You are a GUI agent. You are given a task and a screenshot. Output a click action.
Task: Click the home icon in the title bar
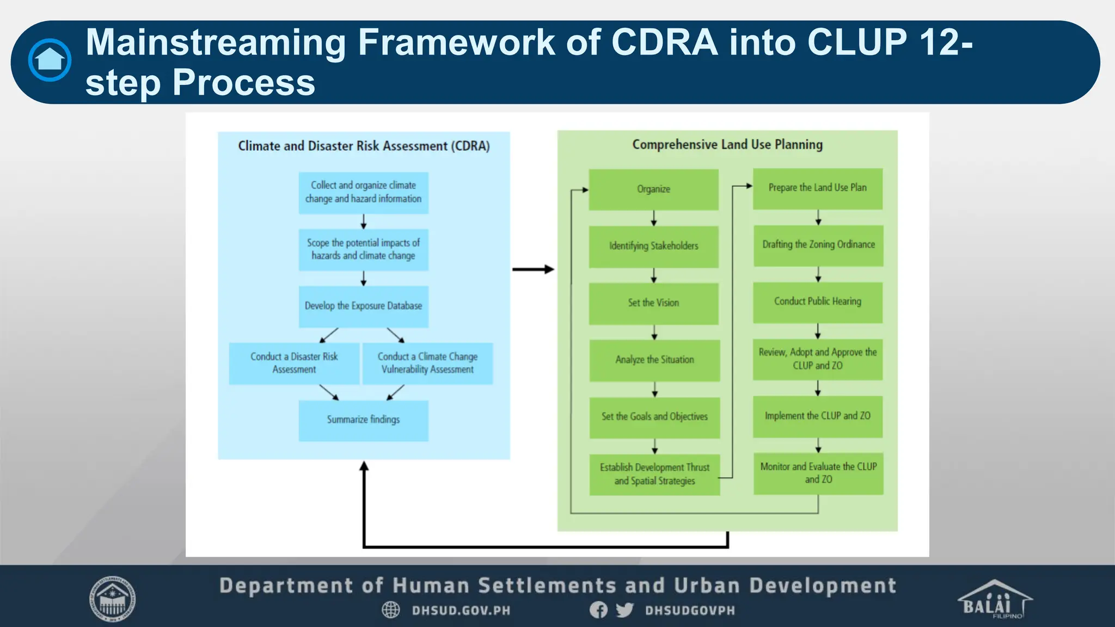(x=50, y=60)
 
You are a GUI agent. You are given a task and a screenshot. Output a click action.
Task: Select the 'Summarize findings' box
(x=363, y=420)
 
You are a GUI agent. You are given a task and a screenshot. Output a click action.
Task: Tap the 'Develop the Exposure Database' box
(x=363, y=306)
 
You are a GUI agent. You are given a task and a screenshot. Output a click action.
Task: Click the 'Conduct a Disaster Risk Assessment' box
(x=294, y=363)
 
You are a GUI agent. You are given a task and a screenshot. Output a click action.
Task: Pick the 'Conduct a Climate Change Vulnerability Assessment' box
(x=427, y=363)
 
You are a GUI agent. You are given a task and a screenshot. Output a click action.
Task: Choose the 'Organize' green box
(x=653, y=189)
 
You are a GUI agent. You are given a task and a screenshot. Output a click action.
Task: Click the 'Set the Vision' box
(x=653, y=303)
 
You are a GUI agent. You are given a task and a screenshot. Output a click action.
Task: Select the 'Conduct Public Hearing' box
(x=818, y=302)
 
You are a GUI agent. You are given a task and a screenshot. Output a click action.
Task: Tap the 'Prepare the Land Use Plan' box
(x=818, y=188)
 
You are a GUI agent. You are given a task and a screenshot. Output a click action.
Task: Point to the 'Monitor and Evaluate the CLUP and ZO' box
(x=818, y=473)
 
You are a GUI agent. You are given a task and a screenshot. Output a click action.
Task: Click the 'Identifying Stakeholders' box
(x=653, y=246)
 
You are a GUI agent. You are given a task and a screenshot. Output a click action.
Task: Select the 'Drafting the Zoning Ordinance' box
(x=818, y=245)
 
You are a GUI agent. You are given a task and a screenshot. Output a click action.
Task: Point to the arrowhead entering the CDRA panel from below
(x=364, y=466)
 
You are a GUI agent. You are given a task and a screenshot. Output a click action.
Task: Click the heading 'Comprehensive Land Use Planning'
(x=727, y=145)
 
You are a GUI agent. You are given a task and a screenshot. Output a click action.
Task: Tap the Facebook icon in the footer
(x=598, y=610)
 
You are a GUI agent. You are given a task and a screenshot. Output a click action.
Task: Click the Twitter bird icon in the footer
(x=624, y=610)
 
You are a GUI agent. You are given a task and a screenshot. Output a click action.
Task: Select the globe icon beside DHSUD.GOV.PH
(x=390, y=610)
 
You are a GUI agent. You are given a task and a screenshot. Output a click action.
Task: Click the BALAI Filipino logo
(x=994, y=600)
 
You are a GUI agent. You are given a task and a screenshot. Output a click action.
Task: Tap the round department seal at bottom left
(x=113, y=599)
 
